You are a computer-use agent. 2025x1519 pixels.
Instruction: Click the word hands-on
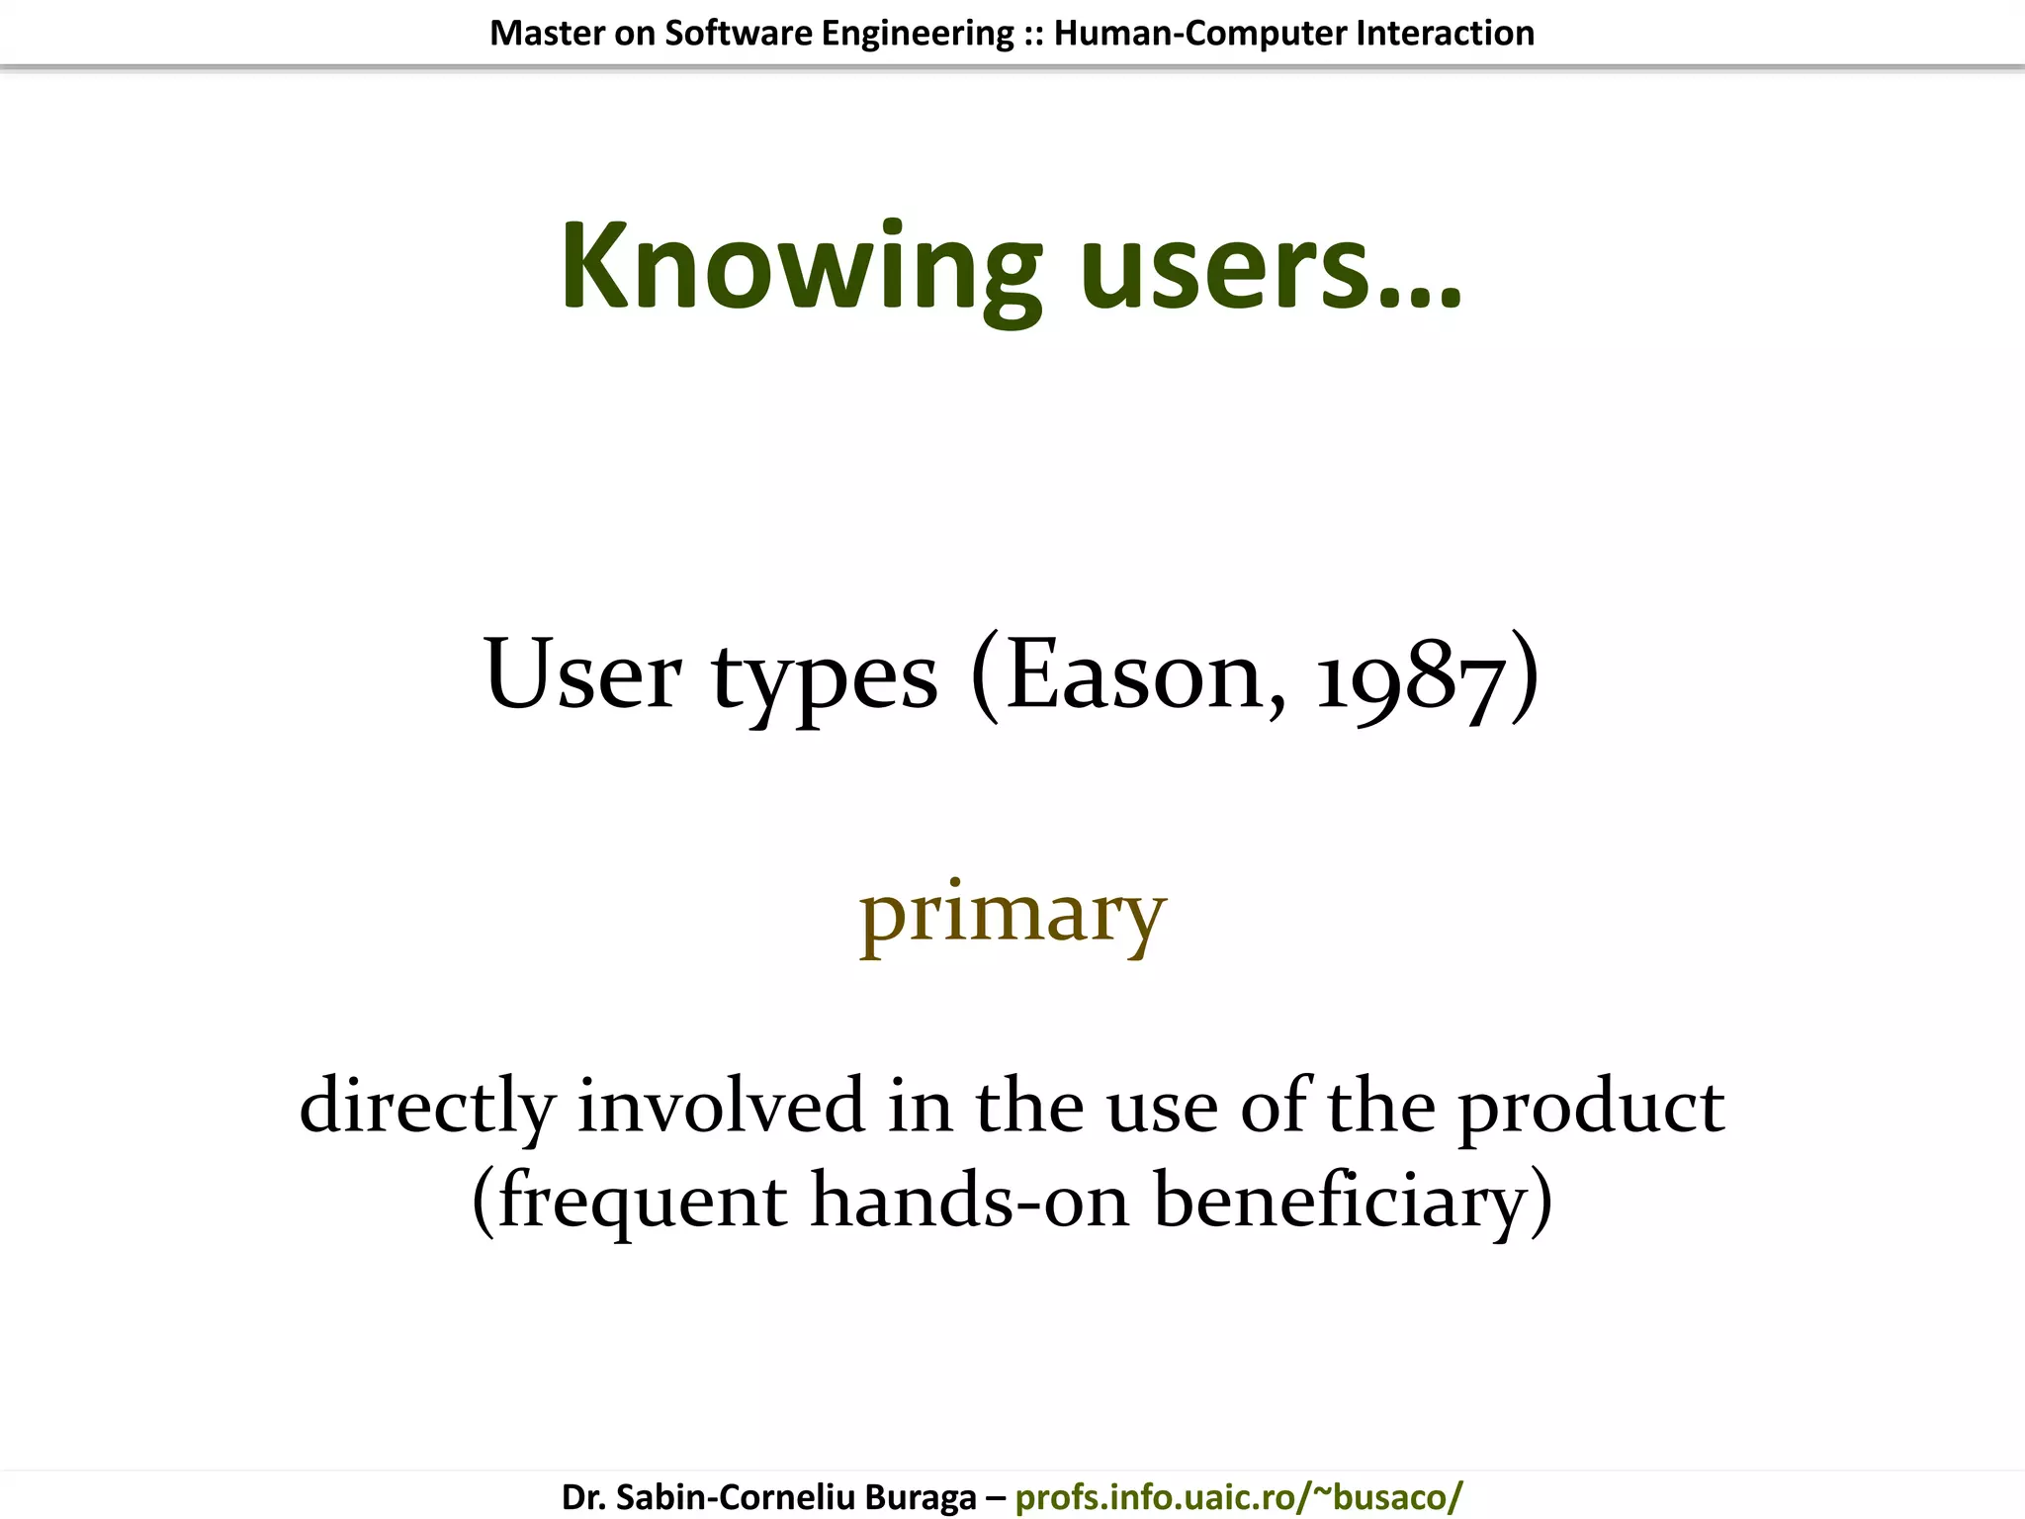pyautogui.click(x=970, y=1201)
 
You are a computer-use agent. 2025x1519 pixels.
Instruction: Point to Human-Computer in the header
pyautogui.click(x=1199, y=34)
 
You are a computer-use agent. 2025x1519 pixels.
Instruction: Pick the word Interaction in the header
pyautogui.click(x=1445, y=34)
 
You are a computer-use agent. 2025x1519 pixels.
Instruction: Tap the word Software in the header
pyautogui.click(x=738, y=34)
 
